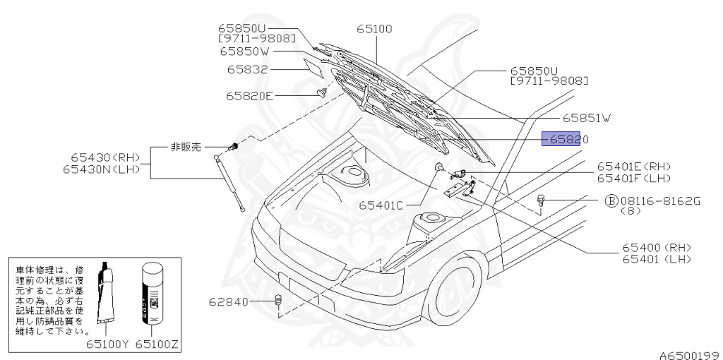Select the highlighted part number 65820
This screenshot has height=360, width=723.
pos(562,139)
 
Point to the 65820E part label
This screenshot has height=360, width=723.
pos(249,95)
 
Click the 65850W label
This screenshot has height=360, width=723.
pos(248,51)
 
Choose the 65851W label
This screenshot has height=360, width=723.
pos(585,119)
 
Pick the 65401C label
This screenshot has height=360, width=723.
pos(380,205)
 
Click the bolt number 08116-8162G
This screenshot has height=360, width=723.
pos(660,200)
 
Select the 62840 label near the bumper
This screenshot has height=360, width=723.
pos(229,302)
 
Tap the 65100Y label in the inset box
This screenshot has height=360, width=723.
pos(107,345)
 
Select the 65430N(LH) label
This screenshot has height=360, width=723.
pos(105,169)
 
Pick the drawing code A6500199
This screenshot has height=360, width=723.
pos(689,354)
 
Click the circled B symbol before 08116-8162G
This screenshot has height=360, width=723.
pos(611,200)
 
